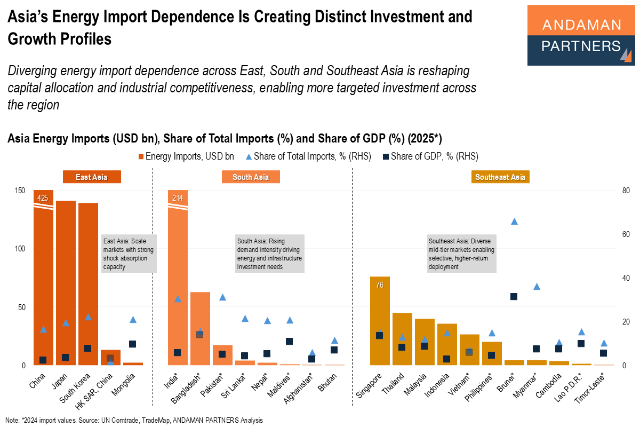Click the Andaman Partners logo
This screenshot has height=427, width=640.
point(581,35)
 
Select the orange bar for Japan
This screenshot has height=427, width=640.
point(66,283)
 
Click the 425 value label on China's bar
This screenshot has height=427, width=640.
point(43,198)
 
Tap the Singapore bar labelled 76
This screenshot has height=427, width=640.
point(380,320)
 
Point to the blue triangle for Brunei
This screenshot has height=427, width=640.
point(514,222)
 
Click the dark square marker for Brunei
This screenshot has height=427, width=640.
point(514,296)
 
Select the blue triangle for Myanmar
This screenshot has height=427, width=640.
point(537,287)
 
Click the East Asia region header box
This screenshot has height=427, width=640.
point(92,177)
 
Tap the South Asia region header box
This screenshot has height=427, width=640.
point(251,177)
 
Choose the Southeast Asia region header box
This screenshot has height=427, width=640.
point(500,177)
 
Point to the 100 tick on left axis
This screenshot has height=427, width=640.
point(21,249)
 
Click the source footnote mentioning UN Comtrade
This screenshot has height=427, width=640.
point(134,420)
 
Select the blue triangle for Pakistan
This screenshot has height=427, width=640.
point(223,297)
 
